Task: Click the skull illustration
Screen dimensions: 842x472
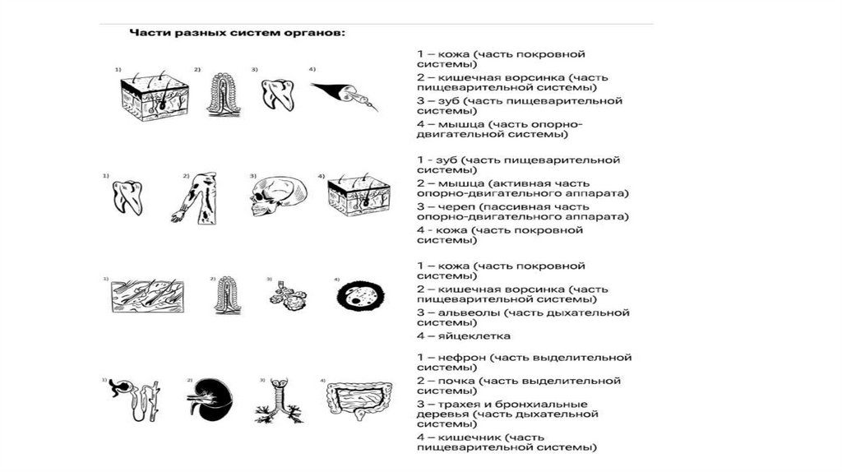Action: coord(278,197)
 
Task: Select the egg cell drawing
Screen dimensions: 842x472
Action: coord(360,296)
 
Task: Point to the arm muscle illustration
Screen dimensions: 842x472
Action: coord(196,198)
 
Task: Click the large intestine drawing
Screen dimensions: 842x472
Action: coord(360,400)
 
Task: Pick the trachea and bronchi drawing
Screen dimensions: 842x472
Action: coord(279,402)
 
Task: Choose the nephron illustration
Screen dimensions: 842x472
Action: coord(136,399)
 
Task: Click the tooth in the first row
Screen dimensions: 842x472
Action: coord(279,95)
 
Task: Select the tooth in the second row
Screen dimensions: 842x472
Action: coord(128,197)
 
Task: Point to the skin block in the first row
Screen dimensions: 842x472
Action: coord(155,96)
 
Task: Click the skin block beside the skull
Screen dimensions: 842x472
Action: coord(359,197)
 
